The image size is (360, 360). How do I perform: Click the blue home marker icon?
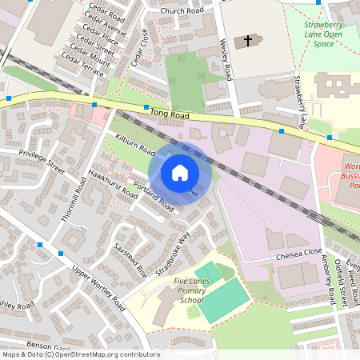[x=180, y=172]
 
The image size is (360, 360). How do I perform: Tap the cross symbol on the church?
[x=248, y=40]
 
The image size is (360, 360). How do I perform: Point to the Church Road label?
[x=182, y=10]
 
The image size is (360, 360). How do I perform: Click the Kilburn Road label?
[x=134, y=144]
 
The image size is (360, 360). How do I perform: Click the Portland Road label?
[x=154, y=197]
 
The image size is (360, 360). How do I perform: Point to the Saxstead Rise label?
[x=130, y=260]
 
